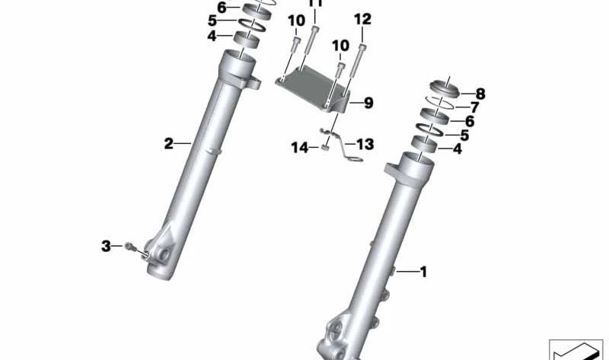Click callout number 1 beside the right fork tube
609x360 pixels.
click(424, 270)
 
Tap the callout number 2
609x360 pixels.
click(170, 142)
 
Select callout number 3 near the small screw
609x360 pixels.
click(106, 245)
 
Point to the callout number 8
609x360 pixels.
click(480, 94)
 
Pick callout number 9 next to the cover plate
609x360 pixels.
click(368, 103)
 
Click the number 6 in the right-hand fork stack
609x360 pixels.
click(470, 122)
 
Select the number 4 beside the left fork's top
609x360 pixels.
click(212, 36)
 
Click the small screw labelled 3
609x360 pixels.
click(129, 246)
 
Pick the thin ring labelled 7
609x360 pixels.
click(442, 103)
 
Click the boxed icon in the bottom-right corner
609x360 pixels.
click(575, 349)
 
